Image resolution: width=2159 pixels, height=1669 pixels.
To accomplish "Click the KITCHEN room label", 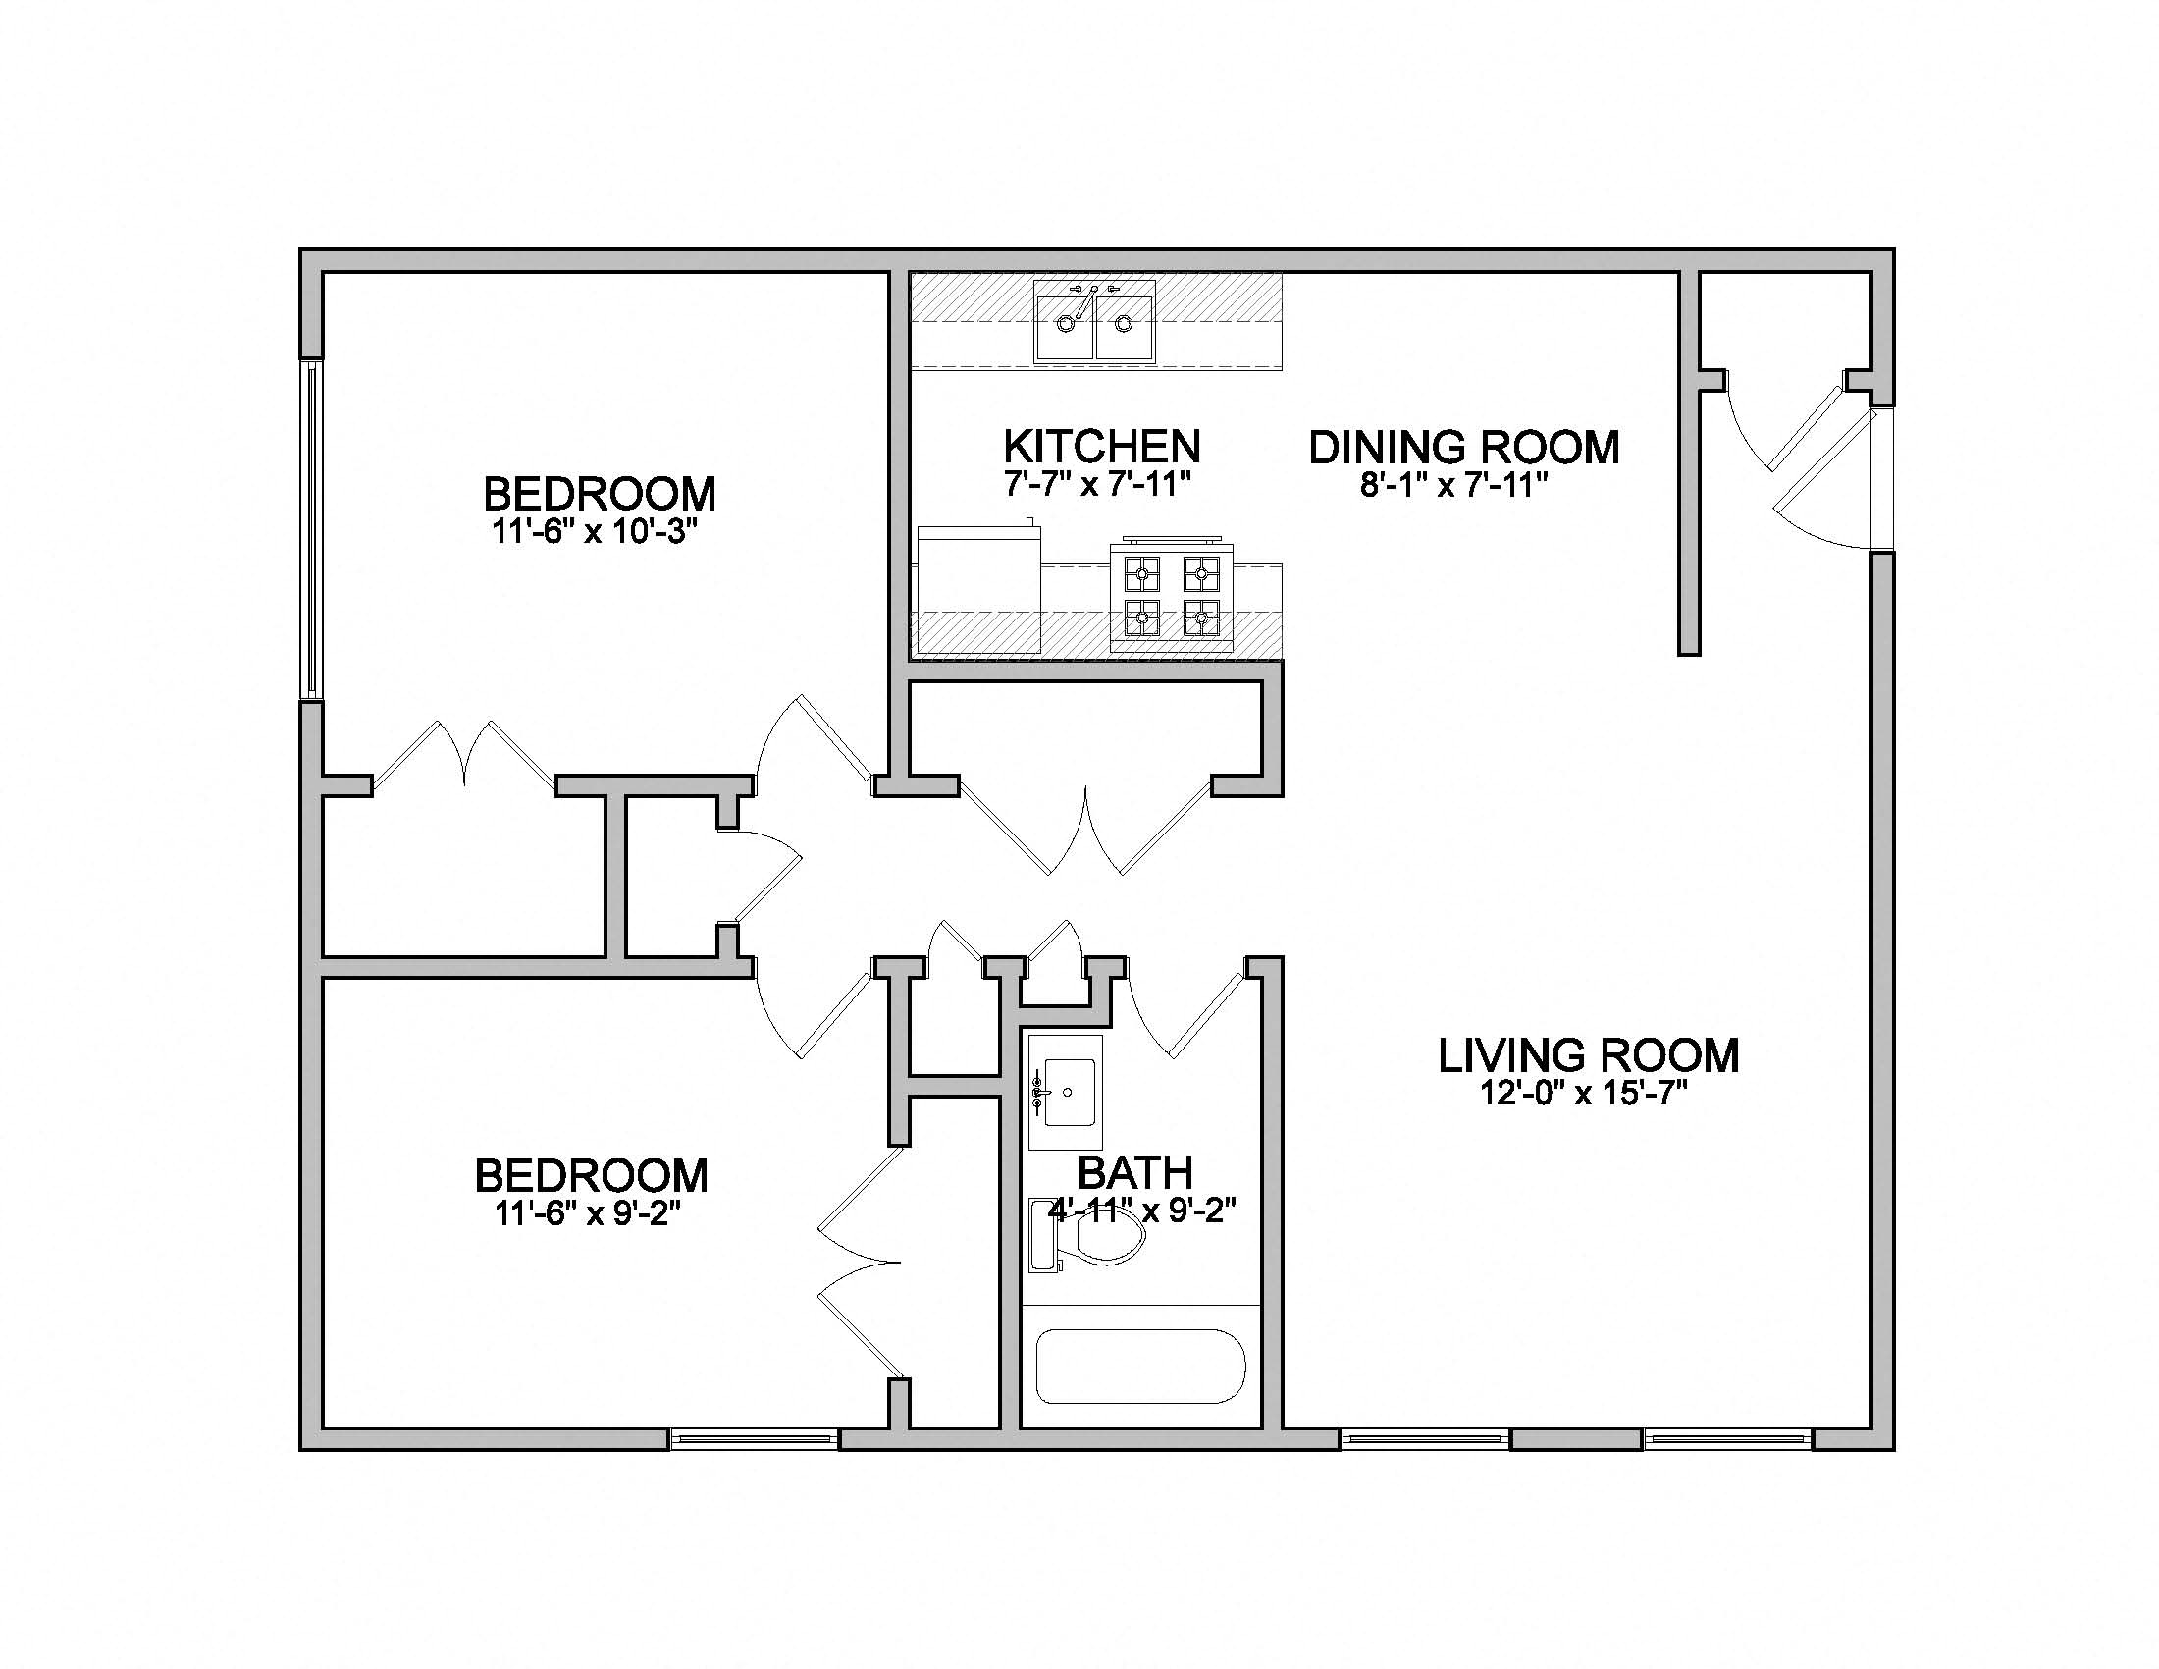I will (x=1101, y=446).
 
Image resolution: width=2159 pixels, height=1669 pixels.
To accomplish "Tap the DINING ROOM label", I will (x=1463, y=447).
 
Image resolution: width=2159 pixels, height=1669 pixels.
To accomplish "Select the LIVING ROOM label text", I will (x=1588, y=1055).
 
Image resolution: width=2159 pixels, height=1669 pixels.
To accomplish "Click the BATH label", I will (x=1134, y=1172).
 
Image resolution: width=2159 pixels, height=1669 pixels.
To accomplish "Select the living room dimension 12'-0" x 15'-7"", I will (x=1583, y=1094).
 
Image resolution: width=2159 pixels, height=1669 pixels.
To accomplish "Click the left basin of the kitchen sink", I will (x=1065, y=327).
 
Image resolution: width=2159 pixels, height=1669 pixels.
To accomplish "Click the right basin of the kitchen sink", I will (x=1124, y=327).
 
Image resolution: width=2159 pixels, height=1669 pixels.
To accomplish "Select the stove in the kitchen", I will (x=1172, y=597).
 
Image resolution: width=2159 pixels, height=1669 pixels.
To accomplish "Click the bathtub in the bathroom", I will (x=1139, y=1367).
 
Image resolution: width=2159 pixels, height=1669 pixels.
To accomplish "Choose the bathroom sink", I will (x=1067, y=1093).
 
